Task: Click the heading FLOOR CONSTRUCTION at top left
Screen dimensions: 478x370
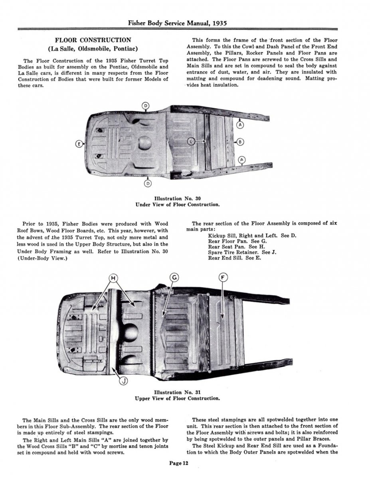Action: click(93, 40)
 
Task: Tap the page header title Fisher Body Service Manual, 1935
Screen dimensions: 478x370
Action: click(185, 23)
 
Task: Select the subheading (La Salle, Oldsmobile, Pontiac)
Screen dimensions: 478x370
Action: click(93, 49)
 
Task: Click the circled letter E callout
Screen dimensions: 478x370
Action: click(79, 144)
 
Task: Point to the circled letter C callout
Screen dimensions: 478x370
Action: click(192, 141)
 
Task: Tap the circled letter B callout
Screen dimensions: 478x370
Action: click(240, 141)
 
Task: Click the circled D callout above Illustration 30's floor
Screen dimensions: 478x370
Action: click(146, 106)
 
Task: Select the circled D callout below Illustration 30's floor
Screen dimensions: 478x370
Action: click(148, 183)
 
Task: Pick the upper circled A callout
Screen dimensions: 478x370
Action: click(240, 125)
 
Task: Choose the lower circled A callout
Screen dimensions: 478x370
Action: click(241, 160)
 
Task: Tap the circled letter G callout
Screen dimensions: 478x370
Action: click(174, 278)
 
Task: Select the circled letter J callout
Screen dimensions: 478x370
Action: click(124, 381)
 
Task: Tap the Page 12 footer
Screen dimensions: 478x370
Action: click(178, 463)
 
